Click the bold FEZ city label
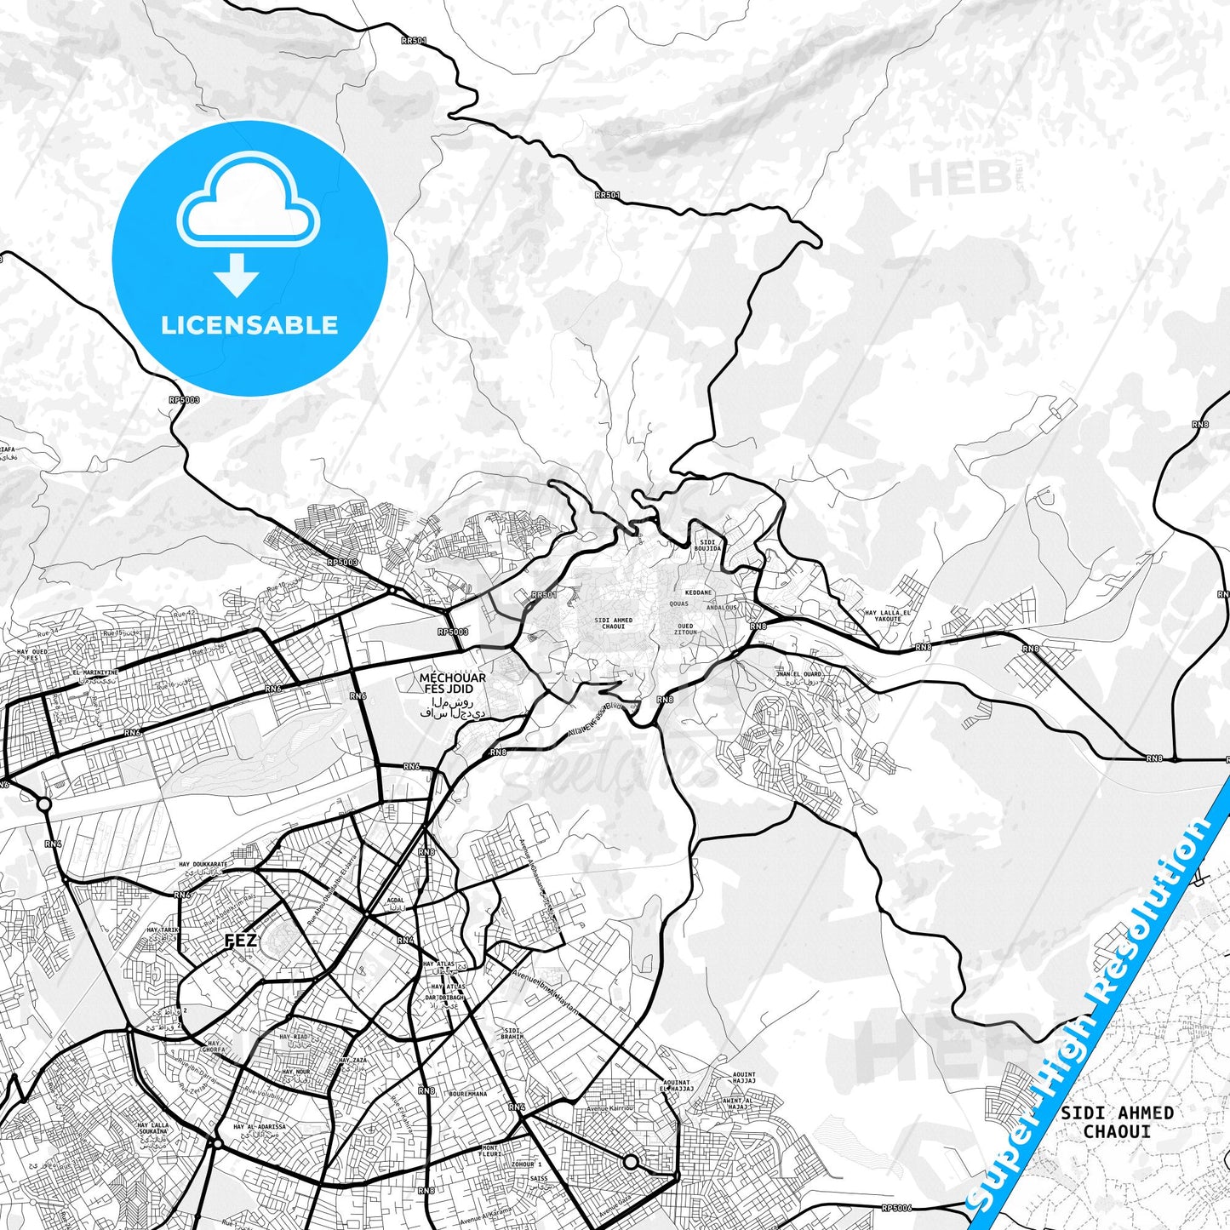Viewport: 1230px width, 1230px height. pyautogui.click(x=240, y=941)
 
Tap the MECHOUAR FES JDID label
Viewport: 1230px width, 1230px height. pyautogui.click(x=452, y=684)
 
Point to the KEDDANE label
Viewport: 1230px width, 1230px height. pyautogui.click(x=698, y=592)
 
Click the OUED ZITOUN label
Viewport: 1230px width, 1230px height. pyautogui.click(x=685, y=629)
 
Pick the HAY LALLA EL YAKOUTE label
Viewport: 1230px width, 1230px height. pyautogui.click(x=888, y=615)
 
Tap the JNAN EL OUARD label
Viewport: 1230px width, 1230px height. pyautogui.click(x=799, y=674)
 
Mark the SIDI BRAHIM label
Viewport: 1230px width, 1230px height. pyautogui.click(x=512, y=1034)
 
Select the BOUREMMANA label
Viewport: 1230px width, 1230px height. pyautogui.click(x=467, y=1094)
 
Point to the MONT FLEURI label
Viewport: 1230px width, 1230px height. pyautogui.click(x=490, y=1151)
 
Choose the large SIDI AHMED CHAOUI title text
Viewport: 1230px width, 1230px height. pyautogui.click(x=1117, y=1122)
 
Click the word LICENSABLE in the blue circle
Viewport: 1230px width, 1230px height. pyautogui.click(x=249, y=324)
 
